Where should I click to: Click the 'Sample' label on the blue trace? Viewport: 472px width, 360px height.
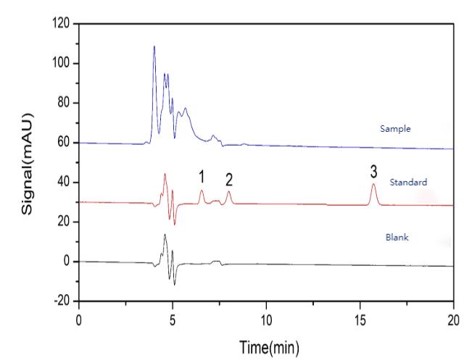click(395, 129)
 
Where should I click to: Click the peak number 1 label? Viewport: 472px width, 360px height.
click(202, 175)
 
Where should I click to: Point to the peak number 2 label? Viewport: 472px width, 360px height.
click(228, 179)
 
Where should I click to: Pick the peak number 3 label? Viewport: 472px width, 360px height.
click(373, 172)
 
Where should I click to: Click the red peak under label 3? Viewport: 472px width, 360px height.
click(373, 185)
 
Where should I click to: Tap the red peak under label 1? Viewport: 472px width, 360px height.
click(202, 191)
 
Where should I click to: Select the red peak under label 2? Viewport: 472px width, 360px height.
click(228, 192)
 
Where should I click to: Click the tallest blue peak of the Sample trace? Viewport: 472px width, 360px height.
click(154, 47)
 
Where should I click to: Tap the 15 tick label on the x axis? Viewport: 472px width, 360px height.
click(360, 319)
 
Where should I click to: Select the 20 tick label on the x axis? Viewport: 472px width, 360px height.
click(453, 319)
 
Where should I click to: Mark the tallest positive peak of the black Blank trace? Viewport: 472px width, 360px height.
click(165, 235)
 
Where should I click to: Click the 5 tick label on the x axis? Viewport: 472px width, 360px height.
click(173, 319)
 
